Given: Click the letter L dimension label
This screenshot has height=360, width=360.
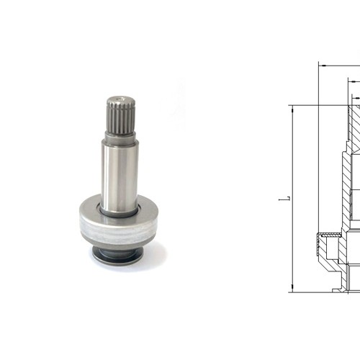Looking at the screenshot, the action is (288, 199).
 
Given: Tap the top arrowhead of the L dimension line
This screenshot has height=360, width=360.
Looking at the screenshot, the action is (292, 110).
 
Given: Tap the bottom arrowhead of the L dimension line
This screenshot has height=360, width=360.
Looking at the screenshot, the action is (292, 287).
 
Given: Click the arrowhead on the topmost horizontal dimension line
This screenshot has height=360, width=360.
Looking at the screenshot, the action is (323, 66).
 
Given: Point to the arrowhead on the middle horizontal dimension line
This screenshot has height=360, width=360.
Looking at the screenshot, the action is (354, 82).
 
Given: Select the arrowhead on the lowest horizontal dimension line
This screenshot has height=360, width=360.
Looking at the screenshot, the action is (357, 99).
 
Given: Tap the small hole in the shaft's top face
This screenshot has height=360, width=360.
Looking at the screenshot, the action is (120, 98).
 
